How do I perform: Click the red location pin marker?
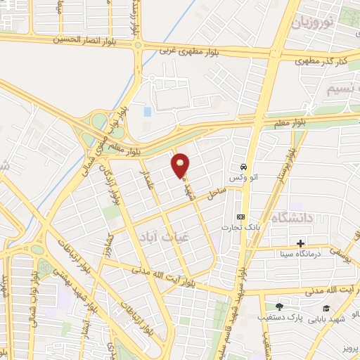pos(181,165)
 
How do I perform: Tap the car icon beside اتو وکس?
pos(243,167)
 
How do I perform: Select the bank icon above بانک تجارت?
pos(241,216)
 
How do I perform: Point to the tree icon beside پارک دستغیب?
pos(279,307)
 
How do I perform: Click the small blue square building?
pos(147,112)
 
